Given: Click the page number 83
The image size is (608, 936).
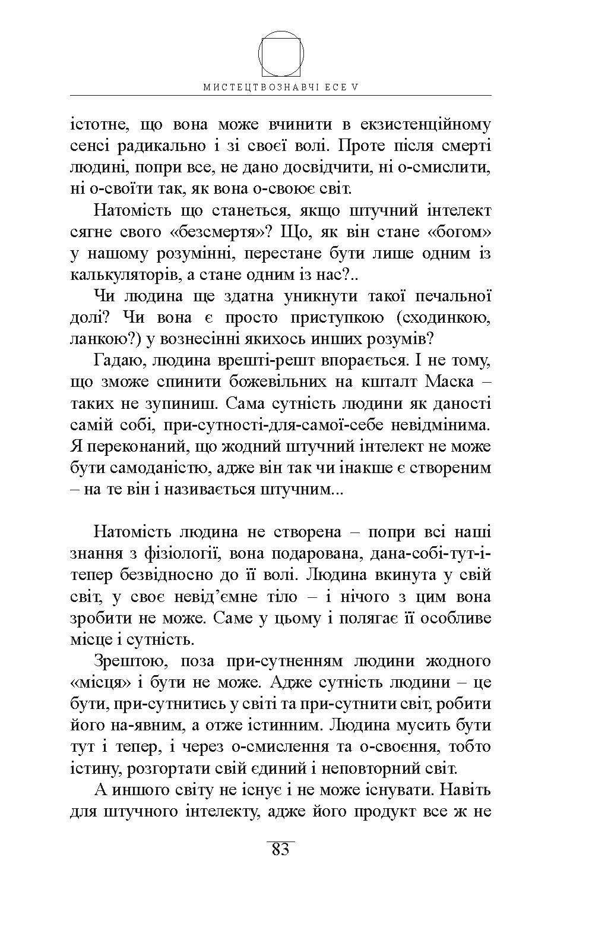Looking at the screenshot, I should tap(280, 850).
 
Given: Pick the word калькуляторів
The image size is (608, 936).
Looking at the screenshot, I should tap(113, 275).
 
